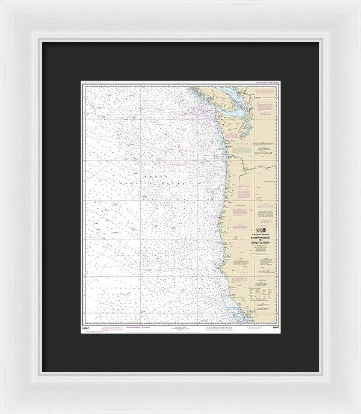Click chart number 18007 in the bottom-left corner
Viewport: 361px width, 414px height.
coord(88,325)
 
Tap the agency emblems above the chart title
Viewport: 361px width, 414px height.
coord(260,230)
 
